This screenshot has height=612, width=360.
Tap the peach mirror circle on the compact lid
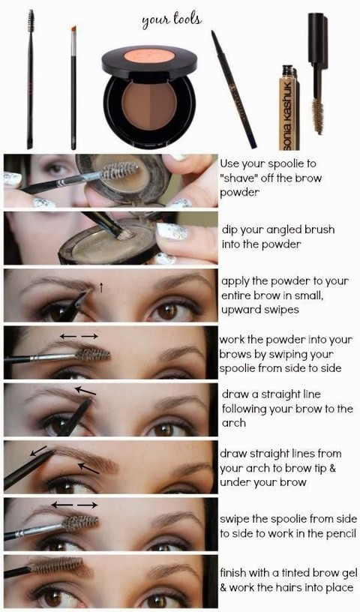(149, 55)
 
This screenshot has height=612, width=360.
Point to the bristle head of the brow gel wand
(318, 115)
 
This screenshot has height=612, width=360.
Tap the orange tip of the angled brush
(73, 30)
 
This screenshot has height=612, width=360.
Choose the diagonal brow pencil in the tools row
(233, 89)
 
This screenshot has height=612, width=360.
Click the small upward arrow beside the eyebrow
(100, 288)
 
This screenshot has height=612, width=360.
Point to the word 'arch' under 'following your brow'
(233, 423)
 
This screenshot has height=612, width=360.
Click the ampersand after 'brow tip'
(332, 468)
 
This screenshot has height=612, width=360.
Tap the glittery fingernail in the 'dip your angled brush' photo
(172, 231)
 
